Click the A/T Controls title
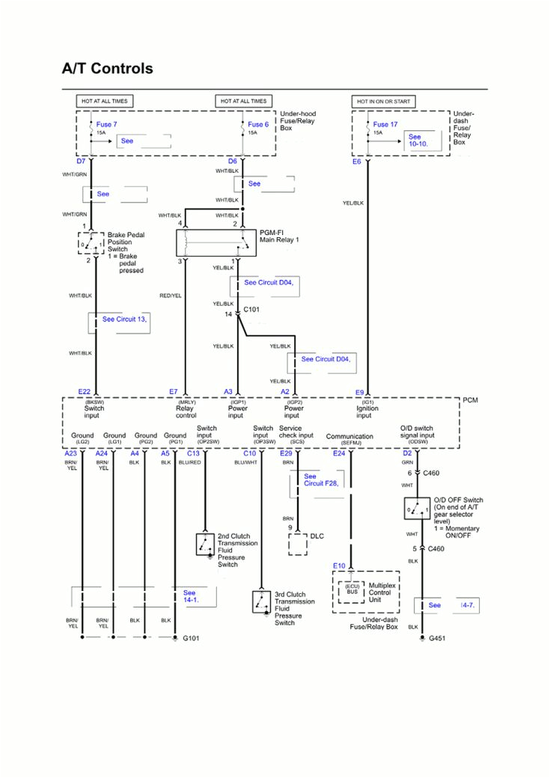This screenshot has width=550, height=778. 107,69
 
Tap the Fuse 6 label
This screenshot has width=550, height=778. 258,124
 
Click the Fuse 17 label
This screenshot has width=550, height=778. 385,124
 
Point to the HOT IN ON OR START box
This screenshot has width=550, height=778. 384,101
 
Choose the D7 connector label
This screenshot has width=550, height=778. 81,161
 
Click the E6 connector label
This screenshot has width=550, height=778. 357,161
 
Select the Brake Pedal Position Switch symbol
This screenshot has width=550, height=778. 91,243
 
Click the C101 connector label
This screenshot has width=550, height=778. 252,308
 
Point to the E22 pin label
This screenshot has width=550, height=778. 84,391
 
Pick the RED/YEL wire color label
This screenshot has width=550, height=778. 171,295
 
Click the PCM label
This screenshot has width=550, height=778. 470,400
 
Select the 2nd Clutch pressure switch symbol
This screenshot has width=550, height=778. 205,545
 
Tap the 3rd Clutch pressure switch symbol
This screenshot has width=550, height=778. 261,601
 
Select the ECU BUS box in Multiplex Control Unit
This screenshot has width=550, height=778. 351,589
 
